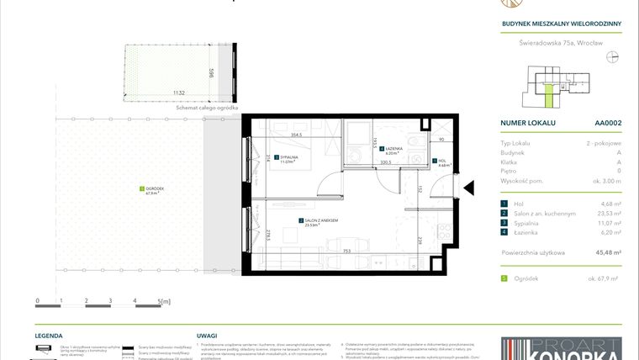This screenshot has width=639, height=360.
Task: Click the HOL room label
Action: point(441,161)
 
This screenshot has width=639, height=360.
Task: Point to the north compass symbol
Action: point(612,57)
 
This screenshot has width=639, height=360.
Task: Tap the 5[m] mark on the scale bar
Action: point(163,300)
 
